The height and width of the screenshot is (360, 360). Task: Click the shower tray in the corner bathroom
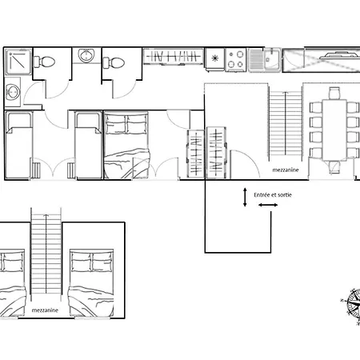(x=18, y=62)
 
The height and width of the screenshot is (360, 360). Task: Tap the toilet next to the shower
(x=44, y=62)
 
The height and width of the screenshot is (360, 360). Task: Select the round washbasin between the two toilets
(x=86, y=55)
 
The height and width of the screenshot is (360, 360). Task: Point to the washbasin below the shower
(x=13, y=92)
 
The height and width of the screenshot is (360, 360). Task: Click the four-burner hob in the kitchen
(x=236, y=59)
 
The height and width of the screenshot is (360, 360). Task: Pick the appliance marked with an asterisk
(x=214, y=59)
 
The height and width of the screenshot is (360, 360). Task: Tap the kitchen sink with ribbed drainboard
(x=264, y=60)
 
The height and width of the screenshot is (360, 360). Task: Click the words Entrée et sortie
(x=273, y=195)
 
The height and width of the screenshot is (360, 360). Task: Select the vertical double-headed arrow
(x=245, y=197)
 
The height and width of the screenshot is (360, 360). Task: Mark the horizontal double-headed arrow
(x=268, y=205)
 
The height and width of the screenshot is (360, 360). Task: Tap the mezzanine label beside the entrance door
(x=286, y=170)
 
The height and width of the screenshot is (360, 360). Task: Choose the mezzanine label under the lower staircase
(x=45, y=310)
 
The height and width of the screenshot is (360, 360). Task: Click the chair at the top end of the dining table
(x=334, y=93)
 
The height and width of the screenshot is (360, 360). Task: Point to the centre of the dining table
(x=334, y=130)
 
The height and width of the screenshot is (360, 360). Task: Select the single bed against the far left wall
(x=18, y=145)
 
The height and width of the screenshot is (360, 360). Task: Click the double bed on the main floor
(x=126, y=146)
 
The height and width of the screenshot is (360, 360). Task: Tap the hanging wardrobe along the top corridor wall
(x=174, y=56)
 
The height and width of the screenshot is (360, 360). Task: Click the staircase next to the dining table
(x=286, y=122)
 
